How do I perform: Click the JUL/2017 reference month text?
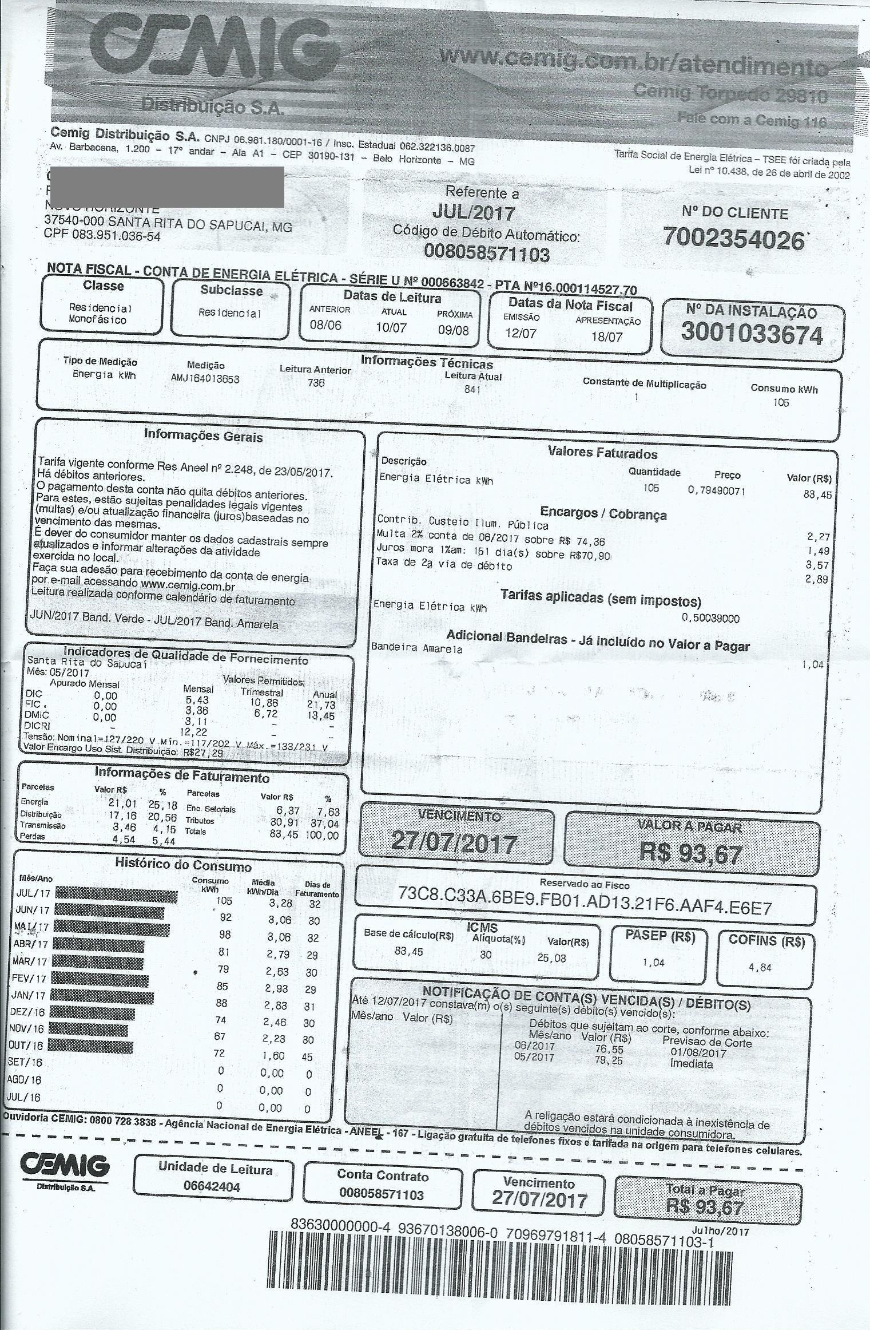[x=474, y=213]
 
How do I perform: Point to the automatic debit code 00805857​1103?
[x=486, y=253]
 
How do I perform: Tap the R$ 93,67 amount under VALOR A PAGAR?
[x=692, y=854]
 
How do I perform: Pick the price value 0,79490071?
[x=717, y=491]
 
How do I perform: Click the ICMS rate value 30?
[x=486, y=955]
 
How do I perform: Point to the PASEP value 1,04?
[x=653, y=963]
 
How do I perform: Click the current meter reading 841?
[x=472, y=390]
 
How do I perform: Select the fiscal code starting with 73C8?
[x=585, y=908]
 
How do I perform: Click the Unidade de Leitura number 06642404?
[x=212, y=1186]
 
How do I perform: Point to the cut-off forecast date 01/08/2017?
[x=698, y=1052]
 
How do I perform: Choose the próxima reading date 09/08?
[x=453, y=330]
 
